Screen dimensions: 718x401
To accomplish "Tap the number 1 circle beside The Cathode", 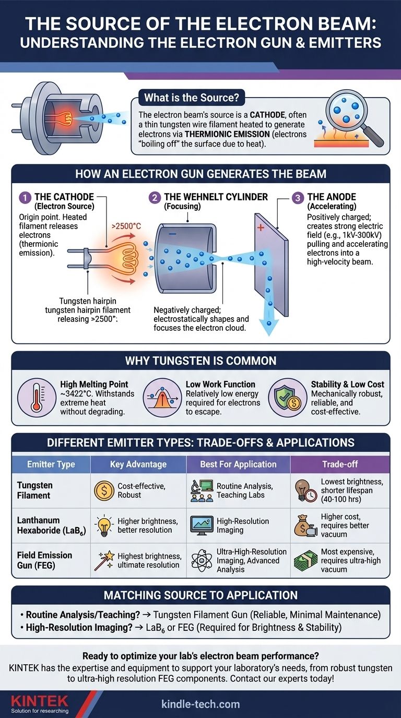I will coord(25,197).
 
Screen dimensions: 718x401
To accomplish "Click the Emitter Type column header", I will coord(51,464).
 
